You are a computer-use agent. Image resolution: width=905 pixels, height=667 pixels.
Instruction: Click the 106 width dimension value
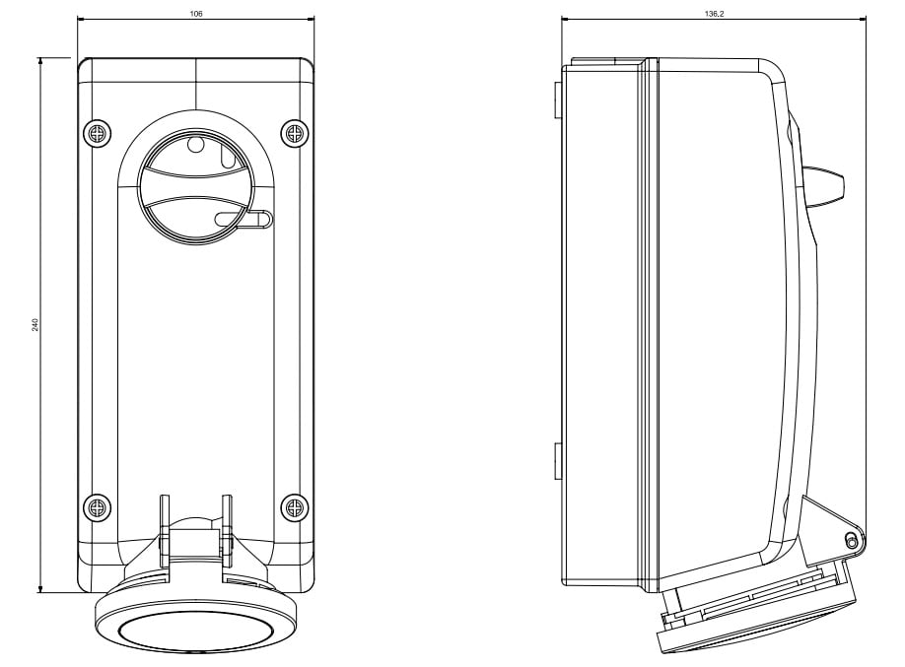tap(196, 14)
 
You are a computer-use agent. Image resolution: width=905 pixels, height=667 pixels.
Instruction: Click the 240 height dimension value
tap(35, 325)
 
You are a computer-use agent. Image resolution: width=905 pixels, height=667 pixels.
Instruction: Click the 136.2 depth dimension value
tap(714, 14)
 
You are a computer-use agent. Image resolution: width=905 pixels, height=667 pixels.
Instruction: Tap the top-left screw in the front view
tap(97, 134)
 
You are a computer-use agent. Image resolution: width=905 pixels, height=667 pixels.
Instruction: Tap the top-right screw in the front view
tap(295, 134)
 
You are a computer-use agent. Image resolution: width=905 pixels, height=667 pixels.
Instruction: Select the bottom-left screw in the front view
tap(97, 508)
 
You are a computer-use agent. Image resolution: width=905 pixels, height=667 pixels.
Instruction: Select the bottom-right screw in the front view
tap(295, 508)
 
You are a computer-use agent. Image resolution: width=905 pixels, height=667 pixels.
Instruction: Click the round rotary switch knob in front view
tap(195, 184)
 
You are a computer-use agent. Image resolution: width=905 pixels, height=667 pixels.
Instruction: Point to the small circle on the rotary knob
tap(196, 144)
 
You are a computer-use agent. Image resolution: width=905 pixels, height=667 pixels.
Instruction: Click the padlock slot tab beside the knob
tap(244, 220)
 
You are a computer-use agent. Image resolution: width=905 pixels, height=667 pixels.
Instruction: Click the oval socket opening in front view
tap(196, 633)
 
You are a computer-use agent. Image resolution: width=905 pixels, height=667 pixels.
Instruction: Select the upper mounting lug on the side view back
tap(558, 100)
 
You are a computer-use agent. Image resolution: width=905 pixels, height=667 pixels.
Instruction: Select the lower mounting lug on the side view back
tap(558, 461)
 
